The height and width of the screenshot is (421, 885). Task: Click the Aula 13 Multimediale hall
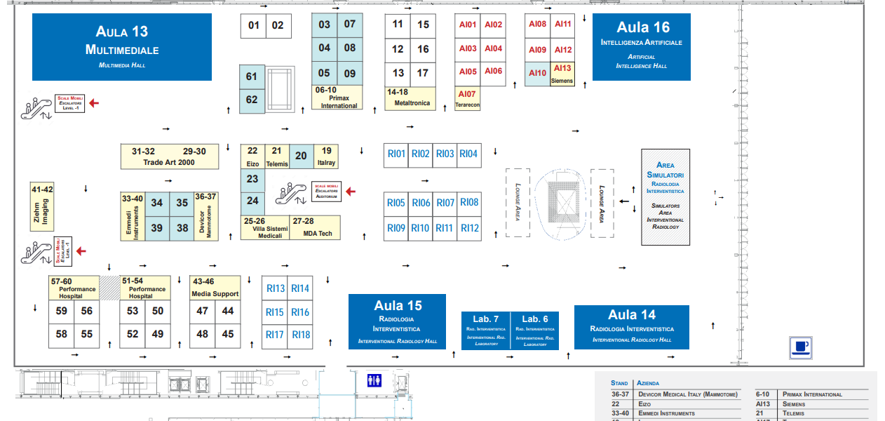(x=122, y=47)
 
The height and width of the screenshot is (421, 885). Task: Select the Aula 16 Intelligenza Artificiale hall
(x=642, y=46)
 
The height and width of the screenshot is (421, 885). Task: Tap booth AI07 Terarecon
(x=467, y=99)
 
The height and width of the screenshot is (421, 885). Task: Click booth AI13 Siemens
(x=562, y=74)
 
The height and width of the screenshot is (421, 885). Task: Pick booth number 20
(x=301, y=156)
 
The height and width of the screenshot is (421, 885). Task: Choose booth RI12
(x=470, y=228)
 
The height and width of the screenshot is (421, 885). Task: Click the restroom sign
(x=374, y=380)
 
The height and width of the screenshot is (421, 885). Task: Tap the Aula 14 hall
(x=631, y=326)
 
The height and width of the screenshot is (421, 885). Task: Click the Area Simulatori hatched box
(x=665, y=197)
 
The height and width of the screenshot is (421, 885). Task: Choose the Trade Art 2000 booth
(x=168, y=156)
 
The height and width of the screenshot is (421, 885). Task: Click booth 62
(x=252, y=100)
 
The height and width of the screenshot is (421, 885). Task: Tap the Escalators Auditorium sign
(x=326, y=192)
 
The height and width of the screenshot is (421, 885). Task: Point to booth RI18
(x=301, y=335)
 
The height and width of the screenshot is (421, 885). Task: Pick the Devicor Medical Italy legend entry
(x=687, y=394)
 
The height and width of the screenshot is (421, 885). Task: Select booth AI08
(x=537, y=24)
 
